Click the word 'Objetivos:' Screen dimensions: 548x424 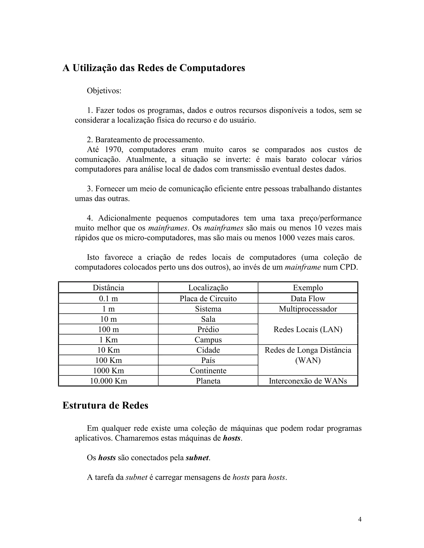pos(104,91)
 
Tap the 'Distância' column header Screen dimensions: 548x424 pos(108,288)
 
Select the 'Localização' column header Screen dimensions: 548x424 pos(208,288)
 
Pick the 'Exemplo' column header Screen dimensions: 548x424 pos(308,288)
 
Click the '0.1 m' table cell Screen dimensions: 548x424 pos(108,298)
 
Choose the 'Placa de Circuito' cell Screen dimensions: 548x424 pos(208,298)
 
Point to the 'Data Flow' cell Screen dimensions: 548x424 pos(308,298)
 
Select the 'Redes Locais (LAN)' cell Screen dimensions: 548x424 pos(308,329)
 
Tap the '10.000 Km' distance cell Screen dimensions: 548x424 pos(108,381)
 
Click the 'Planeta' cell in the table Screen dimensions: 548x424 pos(208,381)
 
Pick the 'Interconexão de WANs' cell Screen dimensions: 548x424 pos(308,381)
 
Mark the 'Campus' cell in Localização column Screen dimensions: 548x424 pos(208,340)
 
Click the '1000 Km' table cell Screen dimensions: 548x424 pos(108,371)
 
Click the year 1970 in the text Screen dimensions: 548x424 pos(113,150)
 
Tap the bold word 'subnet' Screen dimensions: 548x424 pos(197,458)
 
